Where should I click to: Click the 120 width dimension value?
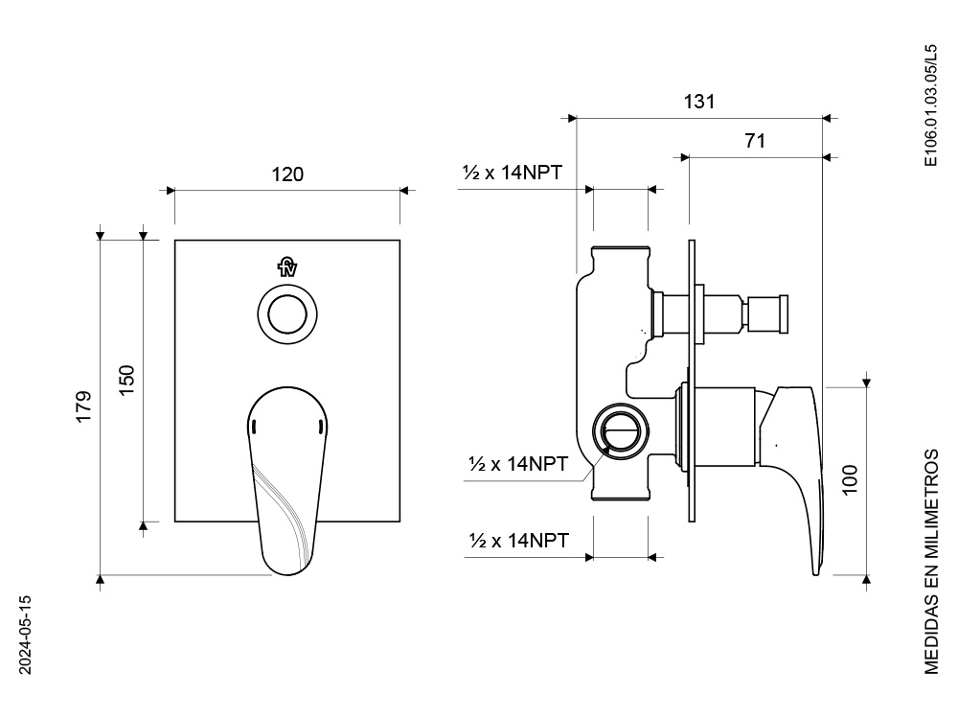(x=287, y=174)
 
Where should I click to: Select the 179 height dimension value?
(x=83, y=406)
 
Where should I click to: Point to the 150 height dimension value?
(x=126, y=380)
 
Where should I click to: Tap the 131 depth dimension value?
(x=699, y=102)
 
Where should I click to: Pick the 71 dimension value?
(x=755, y=141)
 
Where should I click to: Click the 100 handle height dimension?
(x=850, y=480)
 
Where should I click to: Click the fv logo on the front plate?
(x=287, y=267)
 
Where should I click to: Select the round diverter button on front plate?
(x=287, y=314)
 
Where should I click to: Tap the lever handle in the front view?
(x=287, y=480)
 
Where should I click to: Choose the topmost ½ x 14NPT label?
(x=512, y=173)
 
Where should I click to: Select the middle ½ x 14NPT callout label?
(x=518, y=463)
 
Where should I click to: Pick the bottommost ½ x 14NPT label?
(x=518, y=541)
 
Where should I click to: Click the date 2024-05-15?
(x=25, y=636)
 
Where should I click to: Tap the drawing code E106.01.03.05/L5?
(x=930, y=105)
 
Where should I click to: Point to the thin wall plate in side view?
(x=692, y=381)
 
